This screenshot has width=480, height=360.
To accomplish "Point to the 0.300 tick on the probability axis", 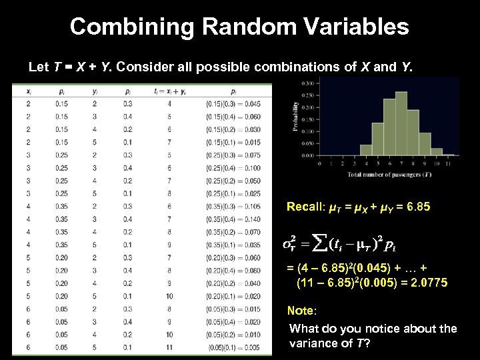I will [308, 83].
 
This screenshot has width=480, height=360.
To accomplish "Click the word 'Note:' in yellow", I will [301, 311].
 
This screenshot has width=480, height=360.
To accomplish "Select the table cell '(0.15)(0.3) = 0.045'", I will [233, 103].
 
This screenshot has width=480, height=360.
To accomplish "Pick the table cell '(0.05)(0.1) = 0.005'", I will [233, 348].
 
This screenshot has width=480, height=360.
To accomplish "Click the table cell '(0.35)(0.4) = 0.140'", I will [233, 218].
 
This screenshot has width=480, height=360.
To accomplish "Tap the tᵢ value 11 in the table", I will [170, 348].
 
